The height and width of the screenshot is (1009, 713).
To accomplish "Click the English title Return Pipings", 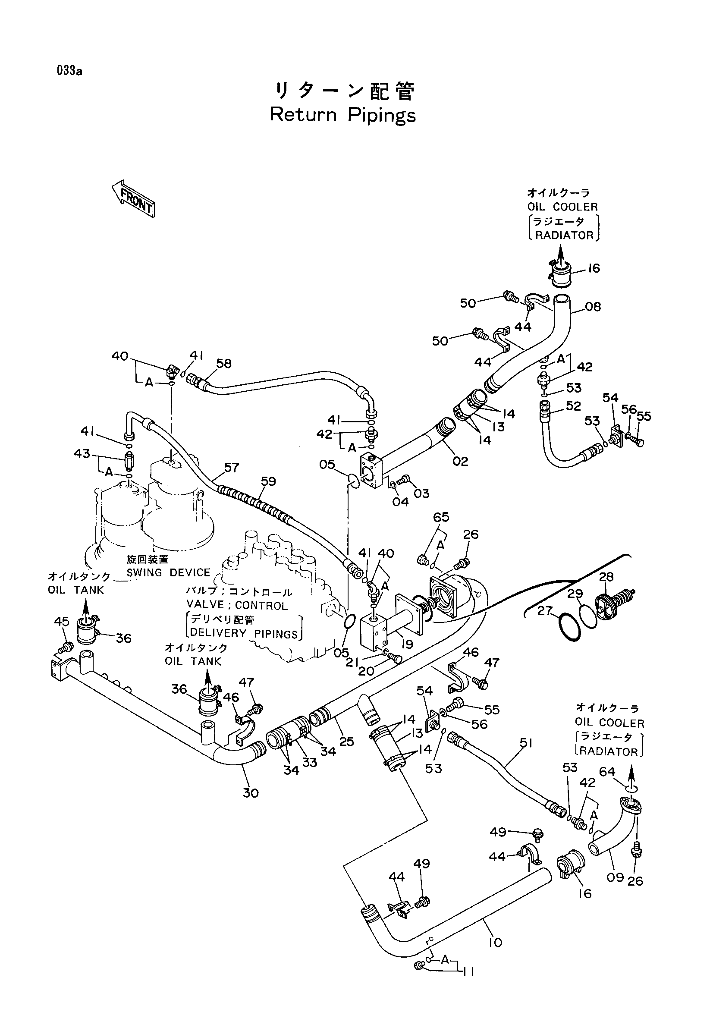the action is point(342,115).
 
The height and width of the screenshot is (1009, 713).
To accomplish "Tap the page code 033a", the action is point(69,71).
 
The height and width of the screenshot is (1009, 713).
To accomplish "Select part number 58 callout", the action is point(224,363).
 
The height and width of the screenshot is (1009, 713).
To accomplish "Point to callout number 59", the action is point(268,481).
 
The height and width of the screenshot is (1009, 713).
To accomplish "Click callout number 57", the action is point(231,467).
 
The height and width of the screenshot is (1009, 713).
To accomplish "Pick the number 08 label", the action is point(593,306).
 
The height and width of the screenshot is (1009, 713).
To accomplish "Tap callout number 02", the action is point(460,461).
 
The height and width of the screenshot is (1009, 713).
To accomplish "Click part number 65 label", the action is point(441,517).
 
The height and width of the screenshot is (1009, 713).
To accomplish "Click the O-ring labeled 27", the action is point(570,630).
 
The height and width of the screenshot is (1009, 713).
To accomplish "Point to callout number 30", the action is point(251,793).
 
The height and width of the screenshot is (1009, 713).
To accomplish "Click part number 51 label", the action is point(526,743).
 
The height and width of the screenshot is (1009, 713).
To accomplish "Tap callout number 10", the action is point(495,942).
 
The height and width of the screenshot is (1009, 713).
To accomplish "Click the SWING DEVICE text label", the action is point(169,572).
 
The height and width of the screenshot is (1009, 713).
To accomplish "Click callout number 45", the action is point(62,621).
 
